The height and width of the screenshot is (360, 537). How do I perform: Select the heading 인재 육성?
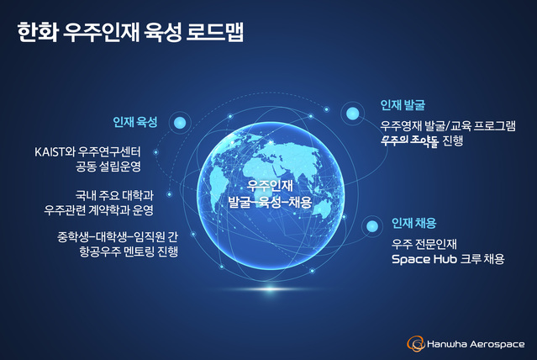tap(135, 122)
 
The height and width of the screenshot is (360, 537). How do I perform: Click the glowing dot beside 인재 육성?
tap(178, 124)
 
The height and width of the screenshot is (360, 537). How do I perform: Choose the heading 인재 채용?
tap(413, 224)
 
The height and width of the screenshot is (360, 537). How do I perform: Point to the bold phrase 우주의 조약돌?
tap(409, 140)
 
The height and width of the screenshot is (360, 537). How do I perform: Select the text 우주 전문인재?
tap(425, 244)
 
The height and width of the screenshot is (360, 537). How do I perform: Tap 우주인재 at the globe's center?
tap(270, 187)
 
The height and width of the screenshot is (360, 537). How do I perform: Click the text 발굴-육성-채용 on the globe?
tap(270, 203)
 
